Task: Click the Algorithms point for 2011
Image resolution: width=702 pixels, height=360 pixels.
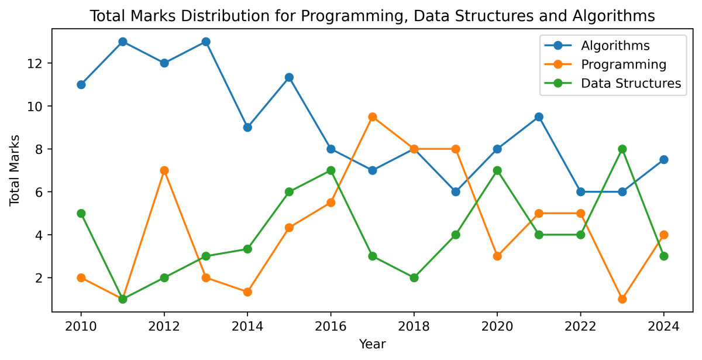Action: (123, 42)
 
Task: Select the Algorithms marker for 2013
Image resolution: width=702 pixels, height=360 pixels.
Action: (206, 42)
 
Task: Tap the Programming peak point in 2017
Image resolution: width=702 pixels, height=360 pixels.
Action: (373, 116)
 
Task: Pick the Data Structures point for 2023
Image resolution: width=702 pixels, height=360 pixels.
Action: (622, 149)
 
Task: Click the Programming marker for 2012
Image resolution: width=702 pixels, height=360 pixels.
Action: (164, 170)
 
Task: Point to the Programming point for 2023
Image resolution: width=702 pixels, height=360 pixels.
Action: (622, 299)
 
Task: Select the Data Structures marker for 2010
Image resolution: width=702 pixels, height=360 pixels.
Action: (81, 213)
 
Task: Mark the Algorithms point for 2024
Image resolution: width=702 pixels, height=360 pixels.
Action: (663, 159)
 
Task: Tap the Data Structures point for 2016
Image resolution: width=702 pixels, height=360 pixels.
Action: (331, 170)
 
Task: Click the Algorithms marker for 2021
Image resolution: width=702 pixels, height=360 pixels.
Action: (539, 116)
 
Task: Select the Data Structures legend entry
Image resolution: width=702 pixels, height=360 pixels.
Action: (631, 83)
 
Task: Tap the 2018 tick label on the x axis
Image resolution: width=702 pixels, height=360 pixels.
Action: (414, 325)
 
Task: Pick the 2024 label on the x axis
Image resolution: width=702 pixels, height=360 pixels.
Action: (663, 325)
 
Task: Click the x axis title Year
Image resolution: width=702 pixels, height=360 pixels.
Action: (372, 344)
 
